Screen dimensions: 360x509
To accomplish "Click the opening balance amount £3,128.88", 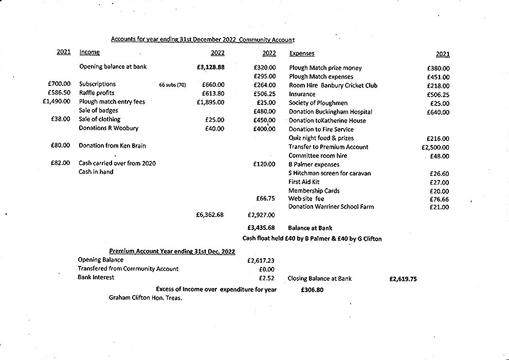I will pos(210,67).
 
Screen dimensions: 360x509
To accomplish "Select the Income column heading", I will pos(89,52).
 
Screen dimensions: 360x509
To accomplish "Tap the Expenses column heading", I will pos(302,53).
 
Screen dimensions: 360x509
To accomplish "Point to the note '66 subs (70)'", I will pos(172,85).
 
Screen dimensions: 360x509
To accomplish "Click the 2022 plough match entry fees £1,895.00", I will pos(210,102).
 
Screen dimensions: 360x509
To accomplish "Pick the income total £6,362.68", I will pos(210,215).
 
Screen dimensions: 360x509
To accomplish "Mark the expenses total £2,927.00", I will pos(261,215).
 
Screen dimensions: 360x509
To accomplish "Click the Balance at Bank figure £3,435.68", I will pos(261,228).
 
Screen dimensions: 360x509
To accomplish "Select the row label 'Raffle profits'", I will pos(97,93).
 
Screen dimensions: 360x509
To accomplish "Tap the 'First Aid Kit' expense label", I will pos(304,182).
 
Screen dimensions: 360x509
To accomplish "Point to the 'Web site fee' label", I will pos(306,199).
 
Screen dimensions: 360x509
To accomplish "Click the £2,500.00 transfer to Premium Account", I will pos(435,147).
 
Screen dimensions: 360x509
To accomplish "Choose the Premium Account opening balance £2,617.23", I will pos(261,261).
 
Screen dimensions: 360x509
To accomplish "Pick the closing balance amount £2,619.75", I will pos(403,279).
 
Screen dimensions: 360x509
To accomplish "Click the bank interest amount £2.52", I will pos(267,278).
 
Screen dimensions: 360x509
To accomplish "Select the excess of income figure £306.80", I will pos(312,290).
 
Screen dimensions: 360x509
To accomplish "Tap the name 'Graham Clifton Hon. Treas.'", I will pos(146,298).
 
